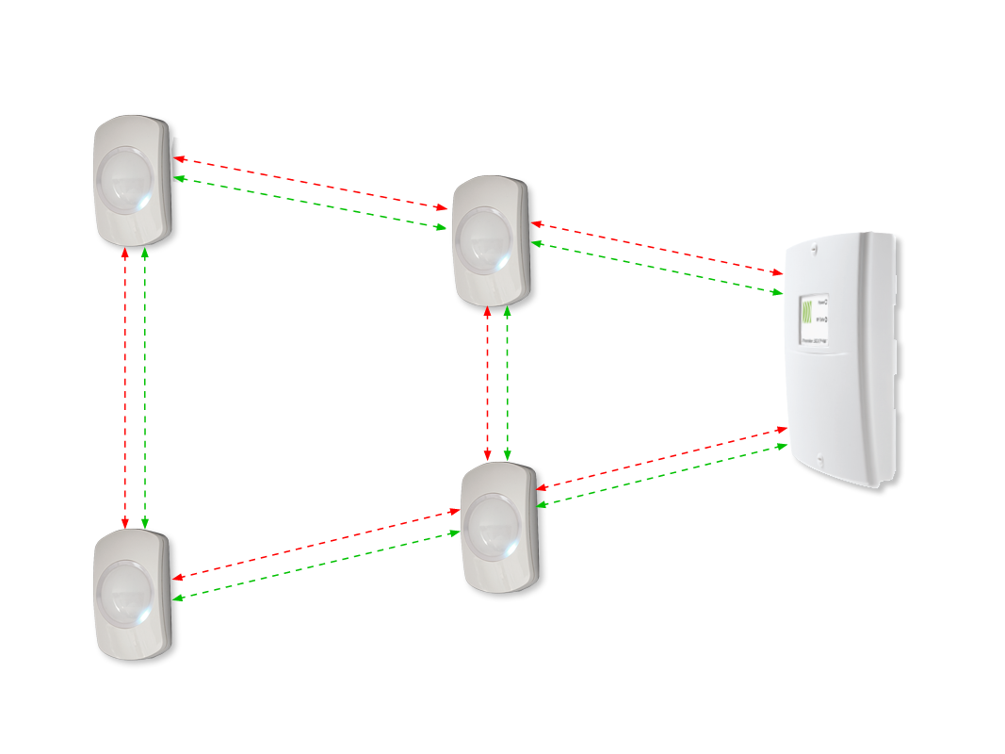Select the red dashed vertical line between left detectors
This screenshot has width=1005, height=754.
click(125, 386)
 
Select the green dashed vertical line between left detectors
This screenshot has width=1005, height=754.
click(144, 386)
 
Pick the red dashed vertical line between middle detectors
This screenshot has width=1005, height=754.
click(487, 386)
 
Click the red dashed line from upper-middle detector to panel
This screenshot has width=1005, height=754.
click(659, 248)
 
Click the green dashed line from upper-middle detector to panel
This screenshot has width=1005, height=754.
click(659, 269)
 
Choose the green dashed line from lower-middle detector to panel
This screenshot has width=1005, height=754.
click(659, 475)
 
